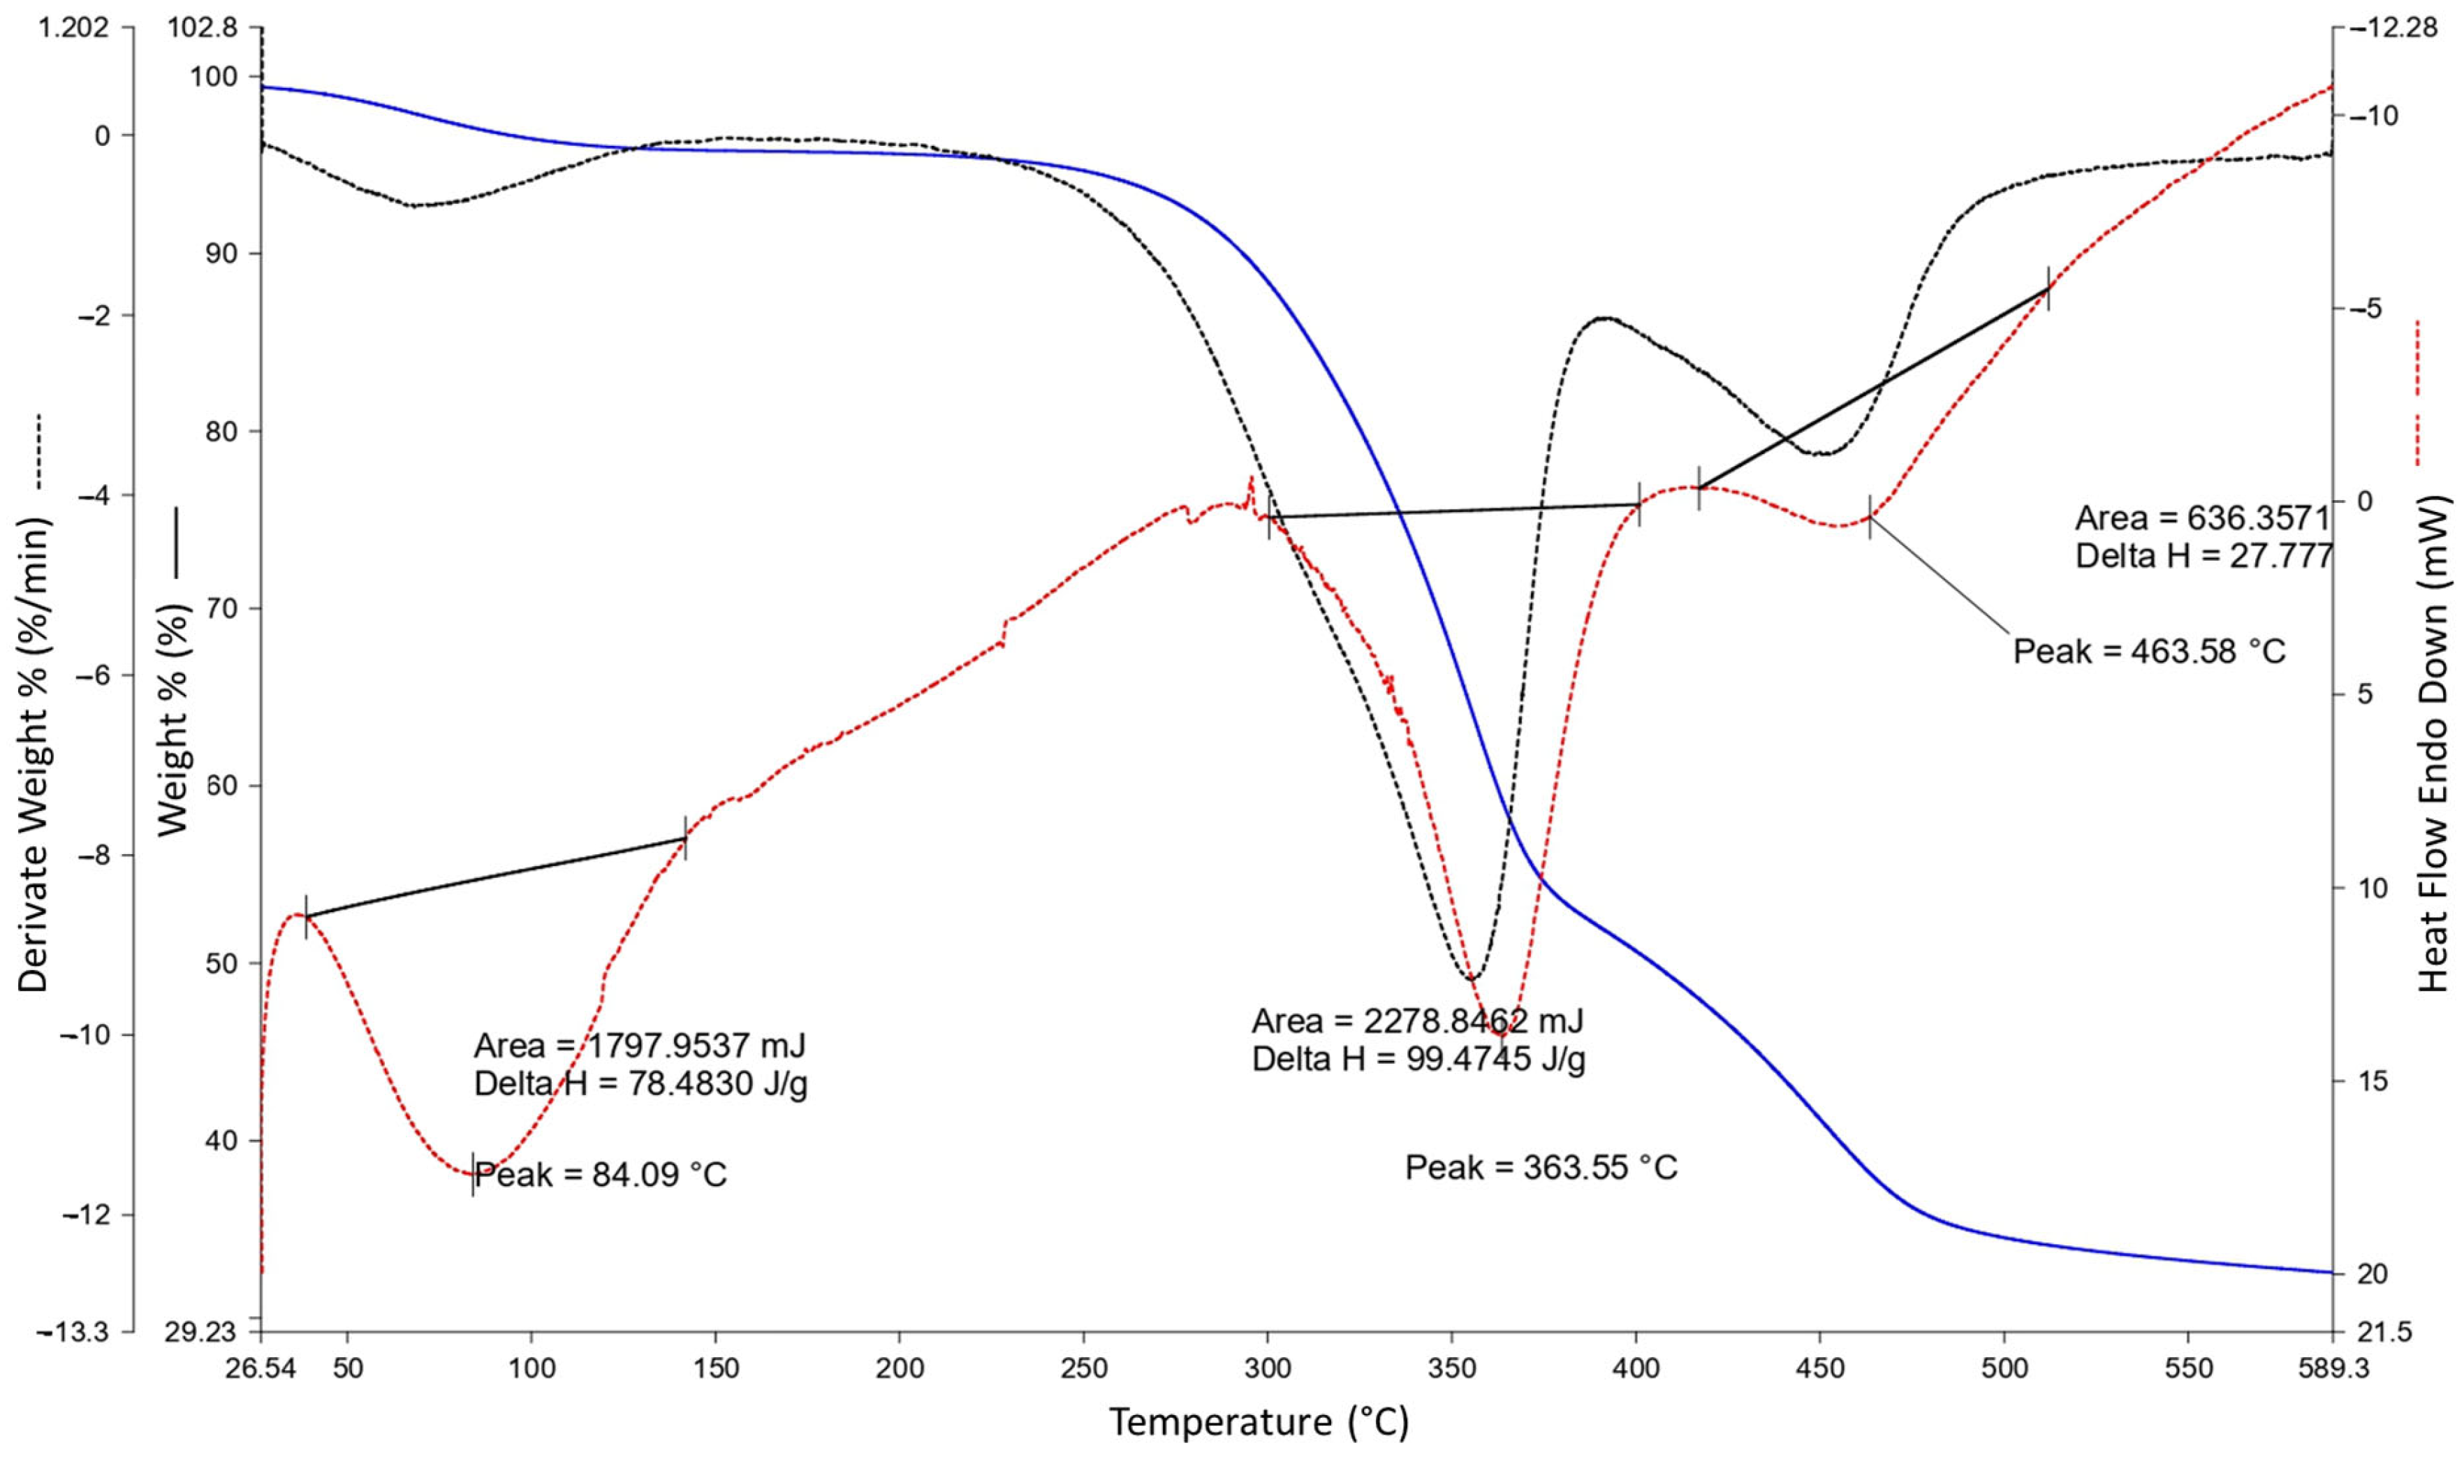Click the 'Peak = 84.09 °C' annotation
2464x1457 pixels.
pos(601,1174)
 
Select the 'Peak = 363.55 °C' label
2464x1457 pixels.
pos(1541,1167)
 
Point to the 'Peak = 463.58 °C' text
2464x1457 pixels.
pos(2150,650)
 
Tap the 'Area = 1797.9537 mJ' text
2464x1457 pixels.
pos(639,1045)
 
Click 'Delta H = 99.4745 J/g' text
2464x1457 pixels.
pos(1418,1060)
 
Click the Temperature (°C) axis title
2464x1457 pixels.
pos(1259,1421)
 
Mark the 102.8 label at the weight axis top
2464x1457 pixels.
pos(203,29)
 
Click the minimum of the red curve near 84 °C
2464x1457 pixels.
pos(472,1173)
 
